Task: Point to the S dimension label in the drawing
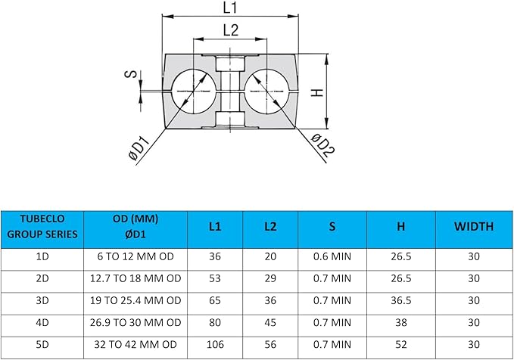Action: click(130, 75)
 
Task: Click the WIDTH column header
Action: click(474, 226)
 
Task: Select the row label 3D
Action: click(42, 299)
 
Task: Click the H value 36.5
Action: click(401, 299)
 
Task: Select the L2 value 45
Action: click(270, 321)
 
